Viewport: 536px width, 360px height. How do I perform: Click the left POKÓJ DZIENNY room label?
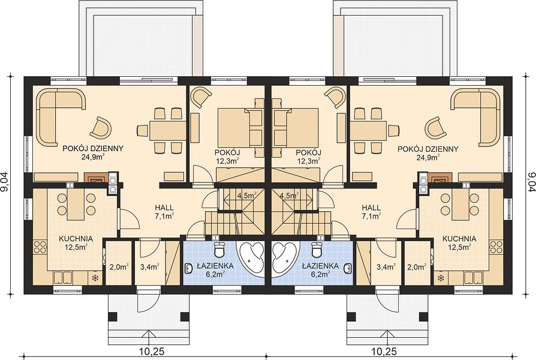pos(93,149)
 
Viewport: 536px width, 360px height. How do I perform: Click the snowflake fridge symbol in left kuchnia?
pos(95,278)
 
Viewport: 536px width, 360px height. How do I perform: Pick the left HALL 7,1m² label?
pos(164,211)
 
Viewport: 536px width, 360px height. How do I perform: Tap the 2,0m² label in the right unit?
pos(417,266)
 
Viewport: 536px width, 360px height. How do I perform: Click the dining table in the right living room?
pos(368,130)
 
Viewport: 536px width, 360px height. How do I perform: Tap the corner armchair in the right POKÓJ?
pos(336,97)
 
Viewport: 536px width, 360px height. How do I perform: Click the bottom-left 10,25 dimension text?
pos(152,352)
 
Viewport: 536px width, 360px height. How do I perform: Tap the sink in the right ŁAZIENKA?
pos(347,268)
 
